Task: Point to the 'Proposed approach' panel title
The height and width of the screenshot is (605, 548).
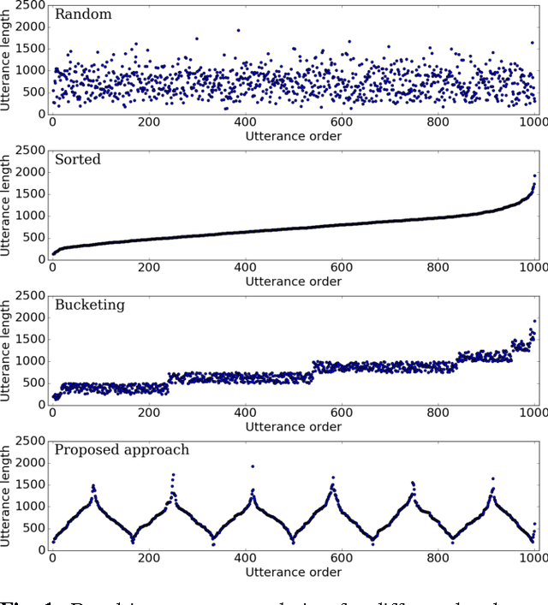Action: tap(122, 450)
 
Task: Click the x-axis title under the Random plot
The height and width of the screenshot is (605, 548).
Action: tap(293, 136)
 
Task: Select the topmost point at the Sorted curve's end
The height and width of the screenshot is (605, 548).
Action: tap(535, 175)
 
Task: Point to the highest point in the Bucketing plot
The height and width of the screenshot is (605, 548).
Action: tap(535, 321)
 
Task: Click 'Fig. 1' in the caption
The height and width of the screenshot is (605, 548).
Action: tap(17, 598)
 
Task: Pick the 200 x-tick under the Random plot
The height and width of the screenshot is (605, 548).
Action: tap(149, 122)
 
